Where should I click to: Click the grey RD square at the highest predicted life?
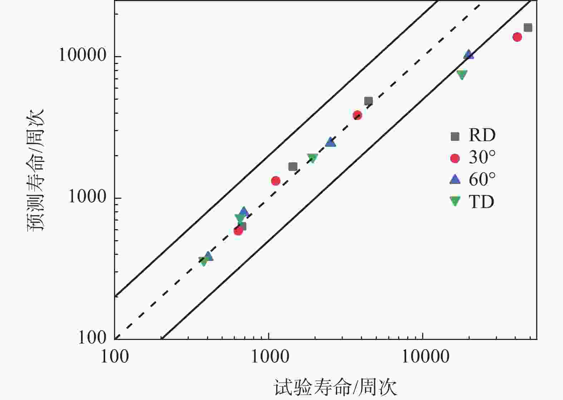click(x=528, y=28)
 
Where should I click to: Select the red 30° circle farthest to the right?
click(x=517, y=37)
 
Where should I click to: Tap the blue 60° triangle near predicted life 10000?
click(x=469, y=55)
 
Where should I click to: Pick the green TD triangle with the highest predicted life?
click(x=462, y=75)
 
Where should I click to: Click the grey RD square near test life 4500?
click(x=368, y=101)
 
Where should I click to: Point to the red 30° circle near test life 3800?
click(x=357, y=115)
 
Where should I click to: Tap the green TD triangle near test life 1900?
click(x=312, y=158)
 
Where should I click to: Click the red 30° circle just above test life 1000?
click(x=275, y=181)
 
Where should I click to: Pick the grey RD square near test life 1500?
click(x=293, y=167)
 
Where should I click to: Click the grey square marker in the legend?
click(x=455, y=136)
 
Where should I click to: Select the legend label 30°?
click(x=482, y=158)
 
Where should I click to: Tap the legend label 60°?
click(x=482, y=179)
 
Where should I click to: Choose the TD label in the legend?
click(x=481, y=202)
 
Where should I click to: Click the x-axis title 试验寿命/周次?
click(x=335, y=387)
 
